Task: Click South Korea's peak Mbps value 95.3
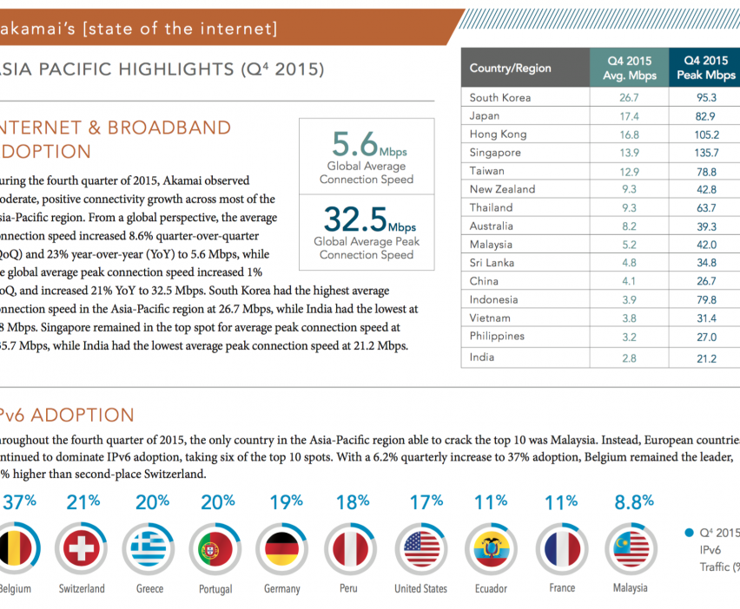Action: coord(705,97)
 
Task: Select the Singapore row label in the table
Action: coord(495,152)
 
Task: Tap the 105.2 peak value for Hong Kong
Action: coord(705,134)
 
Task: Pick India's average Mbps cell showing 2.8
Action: coord(627,357)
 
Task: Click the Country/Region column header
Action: coord(510,68)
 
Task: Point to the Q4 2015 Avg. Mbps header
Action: coord(627,68)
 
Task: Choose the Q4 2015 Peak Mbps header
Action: coord(705,68)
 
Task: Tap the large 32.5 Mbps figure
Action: coord(367,218)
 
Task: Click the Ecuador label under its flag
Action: coord(490,588)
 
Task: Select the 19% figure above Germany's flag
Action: coord(284,501)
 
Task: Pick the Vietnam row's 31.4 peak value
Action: coord(705,318)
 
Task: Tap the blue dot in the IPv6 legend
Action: coord(689,532)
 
